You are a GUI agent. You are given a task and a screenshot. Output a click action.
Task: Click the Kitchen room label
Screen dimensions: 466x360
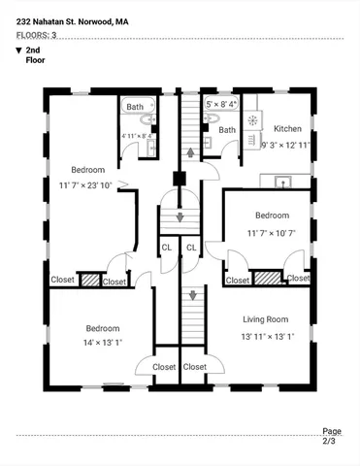pyautogui.click(x=287, y=128)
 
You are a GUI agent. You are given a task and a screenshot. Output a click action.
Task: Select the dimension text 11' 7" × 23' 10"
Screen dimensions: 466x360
pyautogui.click(x=83, y=184)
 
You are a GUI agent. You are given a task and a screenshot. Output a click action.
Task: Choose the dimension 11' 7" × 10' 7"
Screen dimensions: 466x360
pyautogui.click(x=271, y=233)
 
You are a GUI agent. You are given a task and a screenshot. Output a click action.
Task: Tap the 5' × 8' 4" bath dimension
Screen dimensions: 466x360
pyautogui.click(x=220, y=102)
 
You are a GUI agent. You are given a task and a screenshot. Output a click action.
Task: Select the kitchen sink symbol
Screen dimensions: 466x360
pyautogui.click(x=282, y=180)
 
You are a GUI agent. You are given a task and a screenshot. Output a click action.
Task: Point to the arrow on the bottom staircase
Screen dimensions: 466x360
pyautogui.click(x=193, y=295)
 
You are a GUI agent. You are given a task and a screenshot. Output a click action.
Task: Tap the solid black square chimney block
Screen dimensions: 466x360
pyautogui.click(x=179, y=178)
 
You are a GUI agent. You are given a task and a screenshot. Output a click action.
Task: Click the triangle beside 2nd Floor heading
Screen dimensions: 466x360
pyautogui.click(x=18, y=50)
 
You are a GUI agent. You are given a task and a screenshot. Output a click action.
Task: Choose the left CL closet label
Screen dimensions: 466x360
pyautogui.click(x=167, y=248)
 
